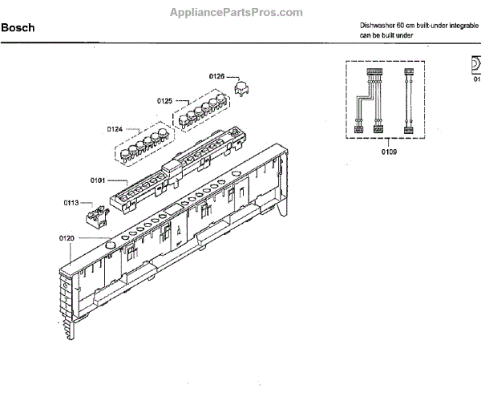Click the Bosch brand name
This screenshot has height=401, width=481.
coord(17,28)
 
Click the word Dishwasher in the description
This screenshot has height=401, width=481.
coord(378,26)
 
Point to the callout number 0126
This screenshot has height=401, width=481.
coord(217,76)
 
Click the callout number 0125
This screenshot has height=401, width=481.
coord(164,101)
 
